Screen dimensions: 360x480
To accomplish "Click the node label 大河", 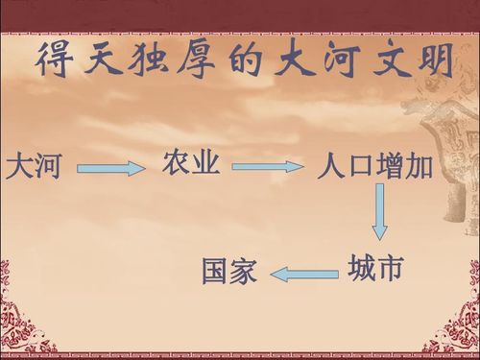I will tap(34, 167).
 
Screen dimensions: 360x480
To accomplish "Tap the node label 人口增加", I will tap(374, 167).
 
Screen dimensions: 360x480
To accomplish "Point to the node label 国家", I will tap(229, 272).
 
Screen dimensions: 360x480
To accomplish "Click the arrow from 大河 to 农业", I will tap(110, 169).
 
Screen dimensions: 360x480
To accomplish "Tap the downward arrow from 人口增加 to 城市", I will tap(380, 210).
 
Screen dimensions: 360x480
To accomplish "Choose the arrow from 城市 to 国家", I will tap(304, 275).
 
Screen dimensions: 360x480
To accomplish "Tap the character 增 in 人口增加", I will tap(389, 167).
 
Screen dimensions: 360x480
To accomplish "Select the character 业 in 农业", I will tap(207, 164).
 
